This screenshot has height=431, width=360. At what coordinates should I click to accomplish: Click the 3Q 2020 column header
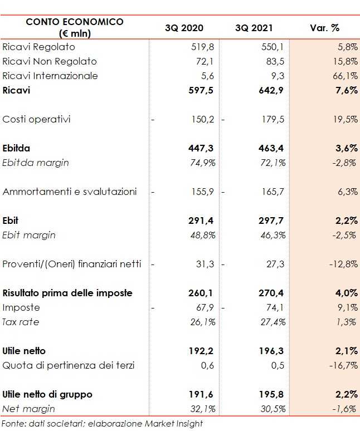point(184,28)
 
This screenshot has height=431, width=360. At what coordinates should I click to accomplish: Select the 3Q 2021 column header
point(254,28)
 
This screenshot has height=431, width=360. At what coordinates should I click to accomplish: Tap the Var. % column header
point(324,28)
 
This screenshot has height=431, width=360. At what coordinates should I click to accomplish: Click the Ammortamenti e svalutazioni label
point(70,192)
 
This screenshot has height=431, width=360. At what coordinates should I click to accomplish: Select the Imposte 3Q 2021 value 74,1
point(275,307)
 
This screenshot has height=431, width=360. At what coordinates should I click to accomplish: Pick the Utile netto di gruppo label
point(47,394)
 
